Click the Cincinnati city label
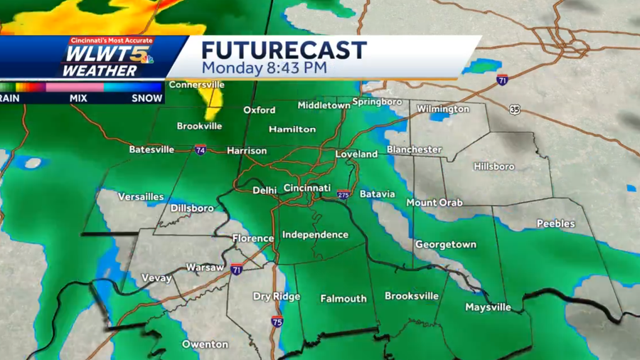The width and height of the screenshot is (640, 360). pyautogui.click(x=307, y=188)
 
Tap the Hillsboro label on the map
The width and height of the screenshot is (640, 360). pyautogui.click(x=494, y=166)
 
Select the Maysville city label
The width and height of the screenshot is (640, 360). pyautogui.click(x=488, y=307)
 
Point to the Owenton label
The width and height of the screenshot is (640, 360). pyautogui.click(x=205, y=344)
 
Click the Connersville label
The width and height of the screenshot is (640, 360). pyautogui.click(x=197, y=85)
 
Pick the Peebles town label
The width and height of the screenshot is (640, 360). pyautogui.click(x=555, y=223)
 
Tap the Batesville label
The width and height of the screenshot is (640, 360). pyautogui.click(x=151, y=149)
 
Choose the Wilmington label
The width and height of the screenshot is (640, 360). pyautogui.click(x=442, y=109)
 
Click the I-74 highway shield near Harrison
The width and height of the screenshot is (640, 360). pyautogui.click(x=201, y=150)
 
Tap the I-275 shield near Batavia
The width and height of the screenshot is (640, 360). pyautogui.click(x=344, y=194)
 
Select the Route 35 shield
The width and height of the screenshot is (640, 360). pyautogui.click(x=515, y=110)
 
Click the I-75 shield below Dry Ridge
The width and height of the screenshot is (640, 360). pyautogui.click(x=274, y=322)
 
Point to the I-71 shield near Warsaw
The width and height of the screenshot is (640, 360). pyautogui.click(x=236, y=270)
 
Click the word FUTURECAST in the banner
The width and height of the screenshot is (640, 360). pyautogui.click(x=283, y=51)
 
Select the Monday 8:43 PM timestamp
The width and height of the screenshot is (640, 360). pyautogui.click(x=264, y=68)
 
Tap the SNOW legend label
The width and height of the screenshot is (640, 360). pyautogui.click(x=146, y=98)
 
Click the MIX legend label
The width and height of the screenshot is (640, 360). pyautogui.click(x=78, y=98)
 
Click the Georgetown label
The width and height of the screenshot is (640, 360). pyautogui.click(x=445, y=244)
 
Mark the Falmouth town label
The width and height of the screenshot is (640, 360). pyautogui.click(x=343, y=299)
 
